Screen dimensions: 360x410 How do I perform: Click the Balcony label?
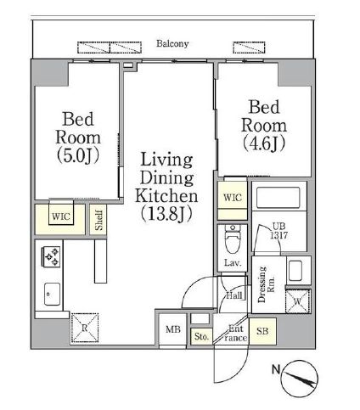[x=172, y=43]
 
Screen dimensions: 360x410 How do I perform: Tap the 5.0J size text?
[x=78, y=155]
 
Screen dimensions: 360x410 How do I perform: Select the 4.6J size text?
[x=264, y=143]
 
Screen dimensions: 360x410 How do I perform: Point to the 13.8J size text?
[x=166, y=213]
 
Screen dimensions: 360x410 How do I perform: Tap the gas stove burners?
[x=52, y=256]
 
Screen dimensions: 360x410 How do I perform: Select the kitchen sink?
[x=53, y=294]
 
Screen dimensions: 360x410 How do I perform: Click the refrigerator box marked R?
[x=85, y=328]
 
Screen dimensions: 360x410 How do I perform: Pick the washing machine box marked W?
[x=298, y=301]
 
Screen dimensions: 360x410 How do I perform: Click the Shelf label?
[x=98, y=220]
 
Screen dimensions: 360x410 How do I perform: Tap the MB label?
[x=173, y=329]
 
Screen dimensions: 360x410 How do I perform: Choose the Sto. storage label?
[x=201, y=336]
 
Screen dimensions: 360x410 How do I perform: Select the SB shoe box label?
[x=262, y=331]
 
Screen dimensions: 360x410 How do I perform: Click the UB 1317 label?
[x=279, y=231]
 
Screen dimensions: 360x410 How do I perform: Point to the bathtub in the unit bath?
[x=278, y=198]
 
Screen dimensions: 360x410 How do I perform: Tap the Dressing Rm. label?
[x=266, y=284]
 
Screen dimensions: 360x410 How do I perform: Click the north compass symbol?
[x=300, y=379]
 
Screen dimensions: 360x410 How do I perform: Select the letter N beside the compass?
[x=276, y=369]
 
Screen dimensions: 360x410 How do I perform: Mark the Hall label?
[x=234, y=296]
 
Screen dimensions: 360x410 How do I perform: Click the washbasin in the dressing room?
[x=295, y=270]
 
